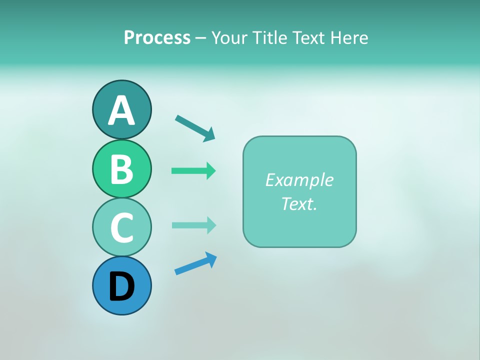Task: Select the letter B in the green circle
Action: [121, 169]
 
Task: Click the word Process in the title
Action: [157, 37]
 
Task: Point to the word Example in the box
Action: [299, 180]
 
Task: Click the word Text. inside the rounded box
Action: [299, 203]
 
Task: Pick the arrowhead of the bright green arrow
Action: [211, 171]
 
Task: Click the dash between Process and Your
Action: [200, 38]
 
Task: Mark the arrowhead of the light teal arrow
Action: [211, 225]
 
